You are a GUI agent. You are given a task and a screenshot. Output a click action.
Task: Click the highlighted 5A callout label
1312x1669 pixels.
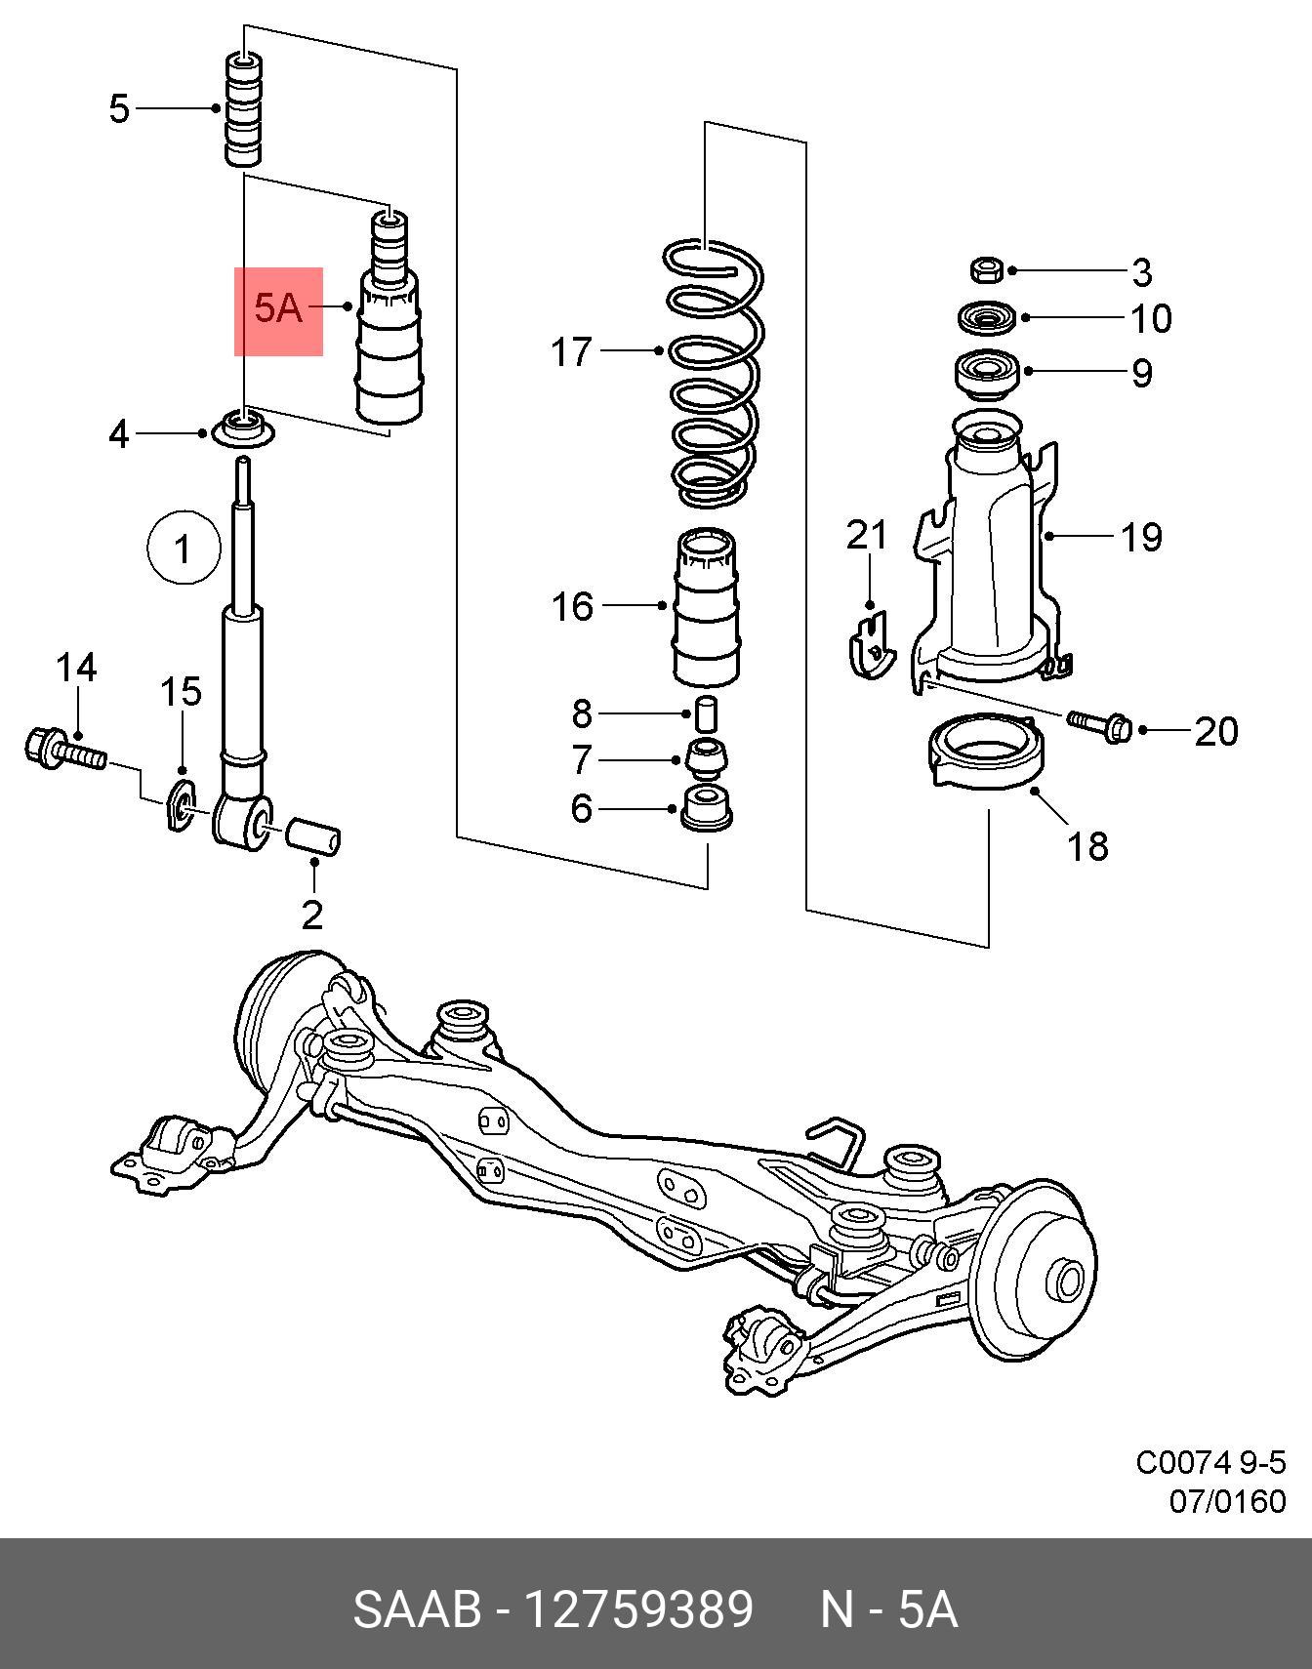click(278, 309)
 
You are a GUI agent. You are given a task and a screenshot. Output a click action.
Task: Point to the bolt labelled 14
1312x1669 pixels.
click(63, 749)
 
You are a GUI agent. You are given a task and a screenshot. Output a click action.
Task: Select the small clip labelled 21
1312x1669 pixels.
click(870, 644)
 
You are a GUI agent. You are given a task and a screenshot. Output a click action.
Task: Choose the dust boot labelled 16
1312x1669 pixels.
click(704, 606)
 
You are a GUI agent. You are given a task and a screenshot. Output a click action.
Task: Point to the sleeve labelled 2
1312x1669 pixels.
click(312, 839)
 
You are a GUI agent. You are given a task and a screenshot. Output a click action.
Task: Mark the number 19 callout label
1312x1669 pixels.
click(1140, 536)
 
